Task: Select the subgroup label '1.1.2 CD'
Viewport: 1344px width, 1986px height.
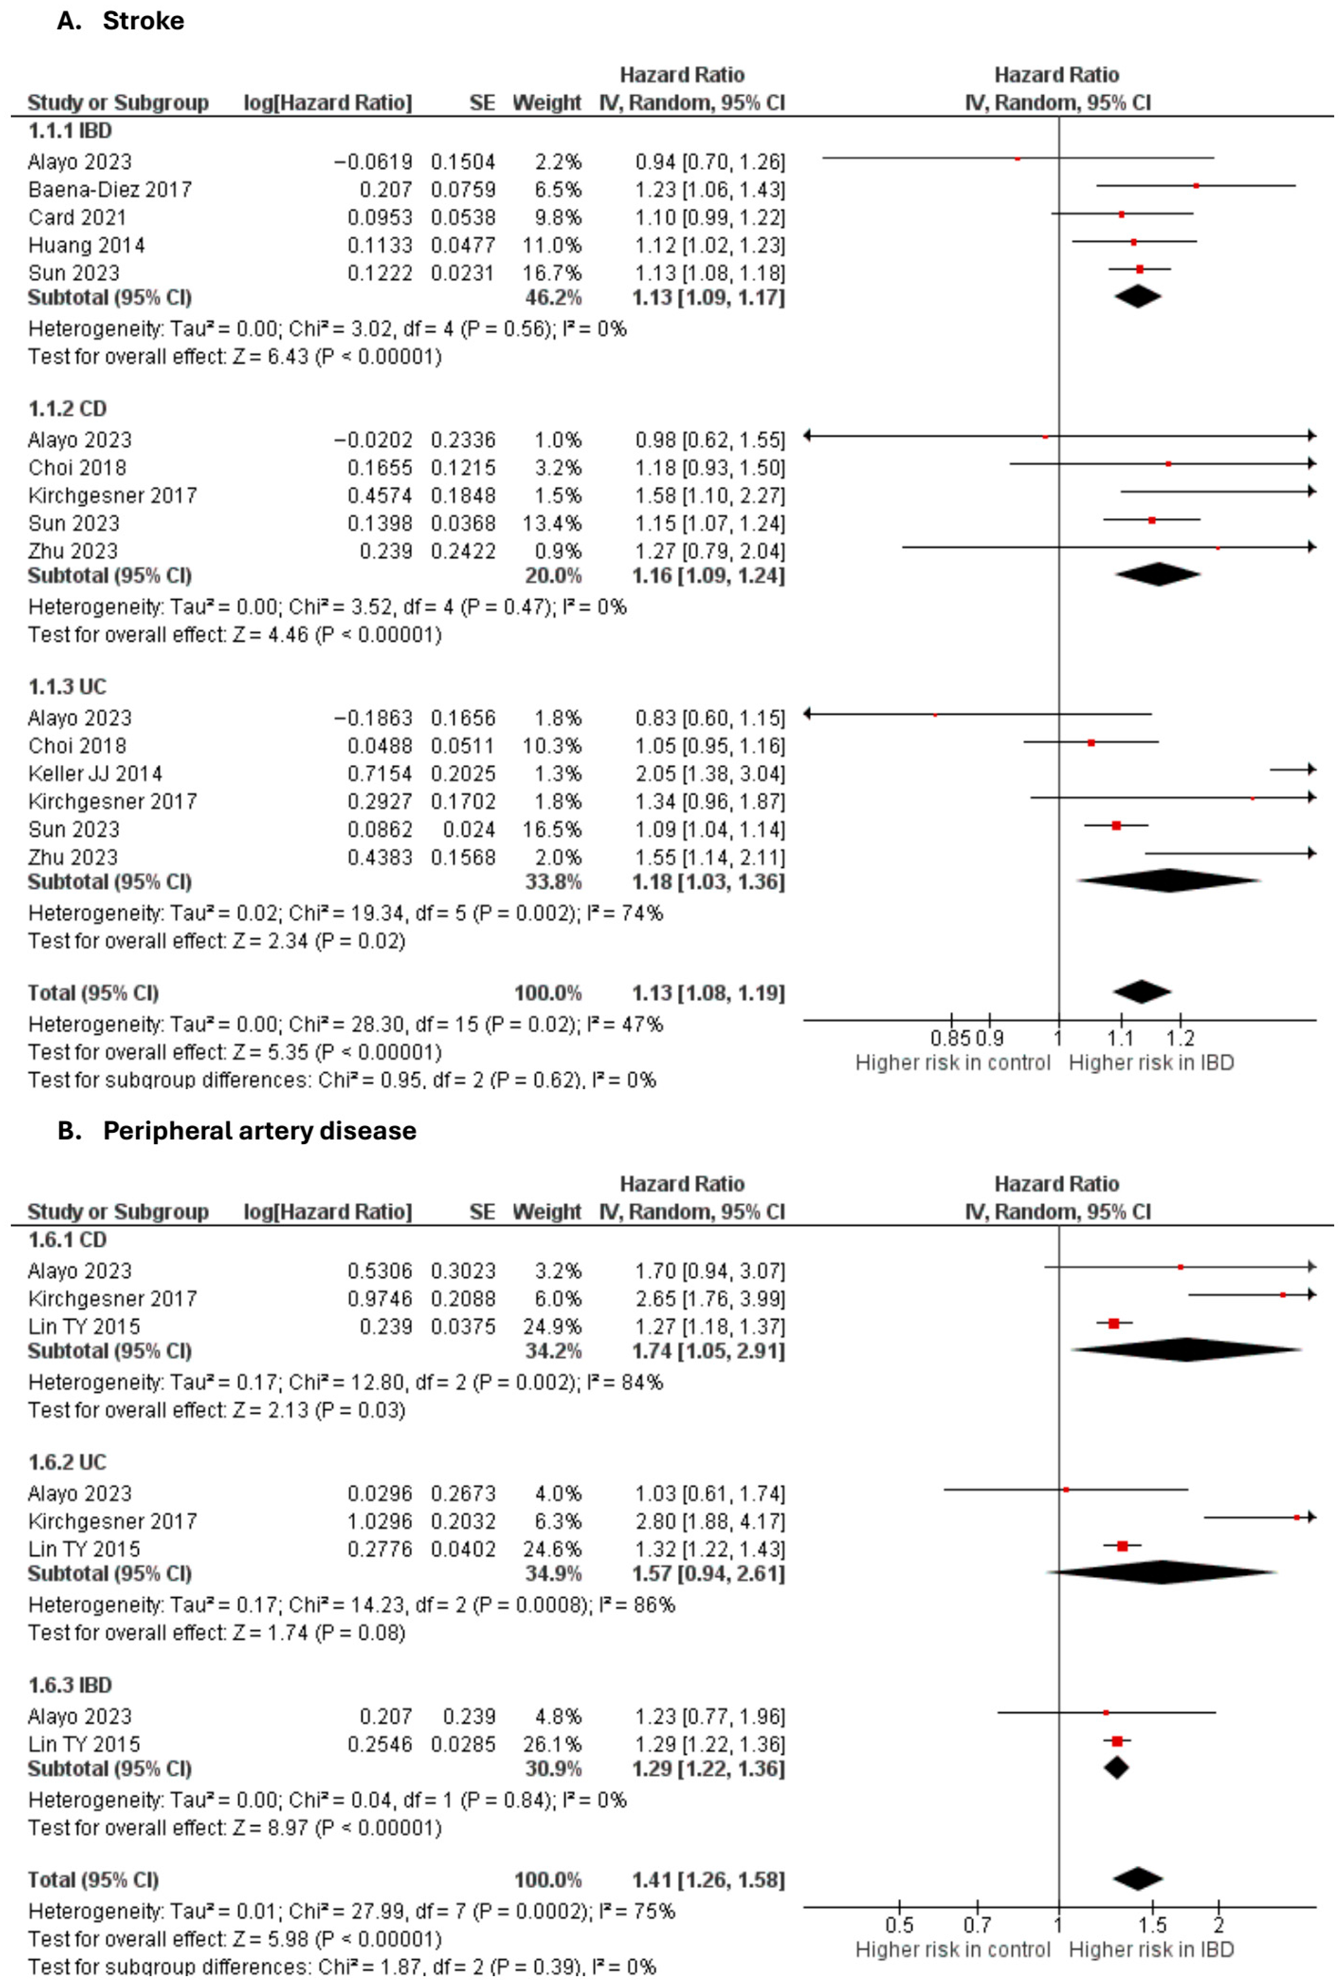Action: [x=67, y=409]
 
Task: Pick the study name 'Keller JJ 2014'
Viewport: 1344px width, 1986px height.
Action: [x=95, y=774]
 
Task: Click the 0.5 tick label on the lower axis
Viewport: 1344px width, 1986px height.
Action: [x=899, y=1925]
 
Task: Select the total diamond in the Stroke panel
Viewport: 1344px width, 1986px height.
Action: [x=1141, y=992]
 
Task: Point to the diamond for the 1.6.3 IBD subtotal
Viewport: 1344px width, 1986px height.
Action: [x=1117, y=1768]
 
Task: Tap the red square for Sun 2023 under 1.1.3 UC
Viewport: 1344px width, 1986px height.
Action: [x=1116, y=826]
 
